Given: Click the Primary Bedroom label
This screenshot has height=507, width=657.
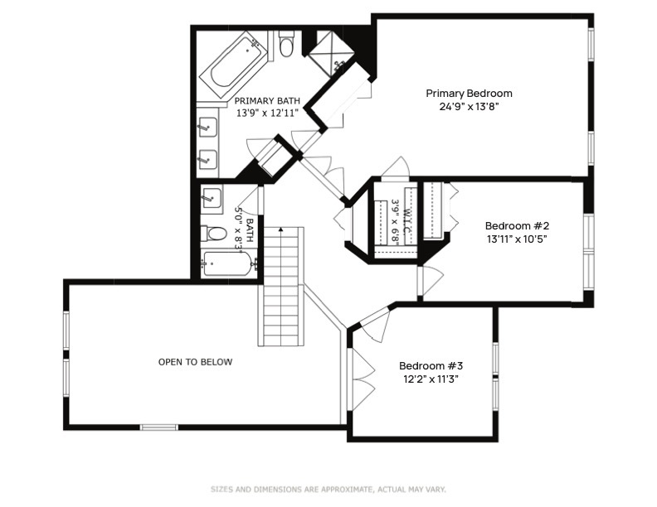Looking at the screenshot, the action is [x=469, y=94].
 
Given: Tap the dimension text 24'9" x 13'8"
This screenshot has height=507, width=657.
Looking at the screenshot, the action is [x=469, y=107].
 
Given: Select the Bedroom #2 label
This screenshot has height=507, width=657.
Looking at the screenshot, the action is [x=517, y=226].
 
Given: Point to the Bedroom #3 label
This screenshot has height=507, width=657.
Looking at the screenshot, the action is [x=431, y=366].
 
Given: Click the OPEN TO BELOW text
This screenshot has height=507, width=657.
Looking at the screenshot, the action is [x=195, y=362].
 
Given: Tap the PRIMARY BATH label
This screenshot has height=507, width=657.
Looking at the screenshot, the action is [x=267, y=101].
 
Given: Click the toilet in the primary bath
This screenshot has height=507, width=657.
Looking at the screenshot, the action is [x=286, y=45].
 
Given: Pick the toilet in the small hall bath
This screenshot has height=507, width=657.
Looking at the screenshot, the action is [x=214, y=234].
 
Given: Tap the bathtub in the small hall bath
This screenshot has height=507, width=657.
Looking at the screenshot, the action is [x=229, y=263].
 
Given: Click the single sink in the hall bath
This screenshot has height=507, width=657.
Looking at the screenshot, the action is [x=212, y=196].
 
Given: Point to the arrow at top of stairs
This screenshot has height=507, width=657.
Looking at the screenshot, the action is [x=280, y=229].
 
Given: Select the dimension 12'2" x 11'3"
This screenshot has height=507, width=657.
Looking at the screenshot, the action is [x=431, y=379].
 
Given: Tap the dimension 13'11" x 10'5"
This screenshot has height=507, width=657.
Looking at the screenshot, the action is [x=517, y=239].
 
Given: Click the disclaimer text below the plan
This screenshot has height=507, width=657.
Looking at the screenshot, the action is [x=328, y=489].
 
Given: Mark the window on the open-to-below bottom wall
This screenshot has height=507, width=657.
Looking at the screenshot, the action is [x=158, y=427].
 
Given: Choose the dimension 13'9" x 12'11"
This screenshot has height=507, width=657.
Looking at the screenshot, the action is [x=267, y=113].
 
